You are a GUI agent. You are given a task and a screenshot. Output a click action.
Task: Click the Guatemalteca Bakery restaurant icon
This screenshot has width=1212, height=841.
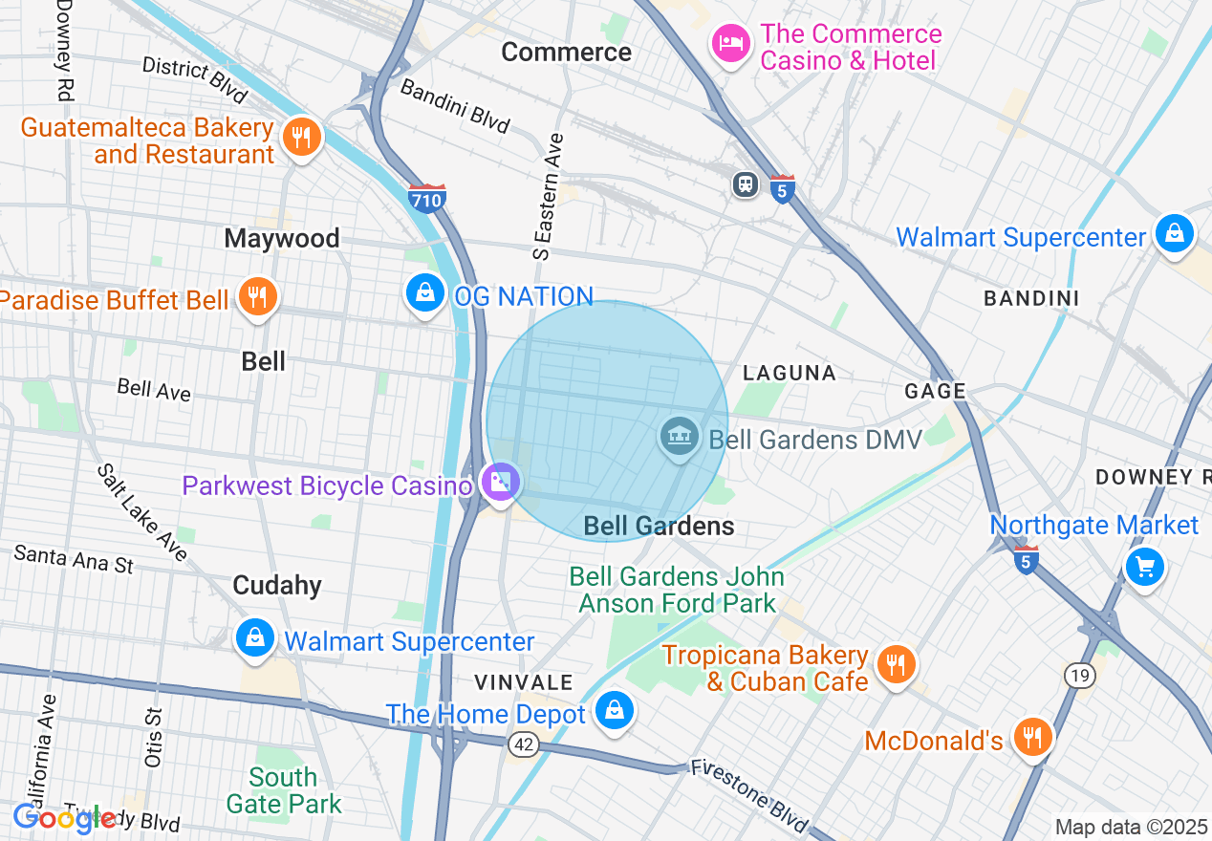pyautogui.click(x=301, y=139)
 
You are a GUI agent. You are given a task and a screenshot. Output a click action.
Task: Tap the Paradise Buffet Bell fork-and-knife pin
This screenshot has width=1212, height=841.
pyautogui.click(x=256, y=297)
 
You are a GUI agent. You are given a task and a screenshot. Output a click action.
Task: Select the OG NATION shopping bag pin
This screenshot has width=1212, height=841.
pyautogui.click(x=424, y=292)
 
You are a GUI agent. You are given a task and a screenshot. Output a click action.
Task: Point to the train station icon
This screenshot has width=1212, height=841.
pyautogui.click(x=746, y=183)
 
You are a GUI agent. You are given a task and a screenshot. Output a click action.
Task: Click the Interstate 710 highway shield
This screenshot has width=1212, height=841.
pyautogui.click(x=426, y=198)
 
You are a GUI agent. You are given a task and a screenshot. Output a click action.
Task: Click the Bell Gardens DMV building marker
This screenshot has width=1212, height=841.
pyautogui.click(x=679, y=438)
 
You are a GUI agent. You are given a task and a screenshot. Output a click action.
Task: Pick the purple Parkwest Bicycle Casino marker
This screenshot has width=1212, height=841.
pyautogui.click(x=500, y=483)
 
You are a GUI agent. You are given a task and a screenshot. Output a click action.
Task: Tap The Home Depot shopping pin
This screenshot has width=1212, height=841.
pyautogui.click(x=614, y=711)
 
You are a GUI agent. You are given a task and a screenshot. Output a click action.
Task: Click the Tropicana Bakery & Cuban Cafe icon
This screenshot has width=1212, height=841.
pyautogui.click(x=895, y=664)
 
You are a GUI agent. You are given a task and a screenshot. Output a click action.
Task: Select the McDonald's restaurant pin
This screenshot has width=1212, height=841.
pyautogui.click(x=1032, y=737)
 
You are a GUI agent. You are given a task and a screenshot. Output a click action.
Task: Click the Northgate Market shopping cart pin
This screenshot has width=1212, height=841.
pyautogui.click(x=1144, y=567)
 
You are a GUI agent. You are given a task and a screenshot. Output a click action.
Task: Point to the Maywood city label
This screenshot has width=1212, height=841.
pyautogui.click(x=282, y=238)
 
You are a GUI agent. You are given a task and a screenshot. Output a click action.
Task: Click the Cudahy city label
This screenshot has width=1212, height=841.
pyautogui.click(x=277, y=585)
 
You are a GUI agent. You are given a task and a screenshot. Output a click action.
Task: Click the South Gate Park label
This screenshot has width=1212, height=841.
pyautogui.click(x=284, y=790)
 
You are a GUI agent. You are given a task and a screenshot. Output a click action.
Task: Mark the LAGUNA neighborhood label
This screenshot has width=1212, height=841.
pyautogui.click(x=790, y=373)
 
